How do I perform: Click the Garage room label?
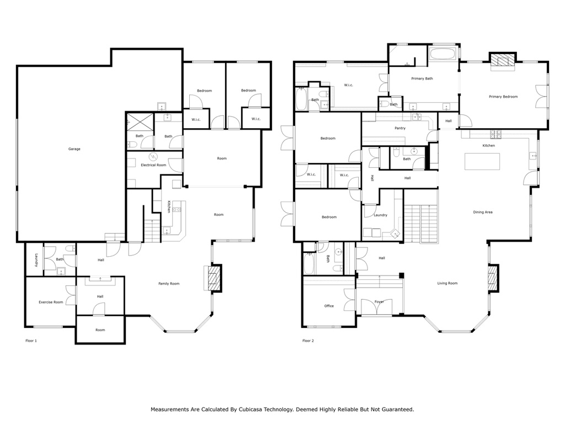tap(74, 149)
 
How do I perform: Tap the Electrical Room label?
tap(153, 165)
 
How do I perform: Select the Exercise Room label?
tap(51, 302)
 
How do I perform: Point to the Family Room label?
tap(169, 284)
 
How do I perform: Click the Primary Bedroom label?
tap(503, 97)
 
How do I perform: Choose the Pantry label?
tap(400, 128)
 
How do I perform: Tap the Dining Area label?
tap(482, 212)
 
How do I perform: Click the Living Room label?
tap(447, 283)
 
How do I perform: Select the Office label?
tap(329, 306)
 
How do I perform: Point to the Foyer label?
tap(379, 301)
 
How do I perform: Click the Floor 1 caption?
tap(31, 341)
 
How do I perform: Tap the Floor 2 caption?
tap(308, 341)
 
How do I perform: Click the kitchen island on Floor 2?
tap(482, 161)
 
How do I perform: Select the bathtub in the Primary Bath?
tap(443, 55)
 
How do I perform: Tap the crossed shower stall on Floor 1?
tap(140, 122)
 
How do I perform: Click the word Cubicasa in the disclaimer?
tap(250, 409)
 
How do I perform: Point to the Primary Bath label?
tap(422, 78)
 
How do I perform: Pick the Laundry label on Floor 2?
tap(380, 215)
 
